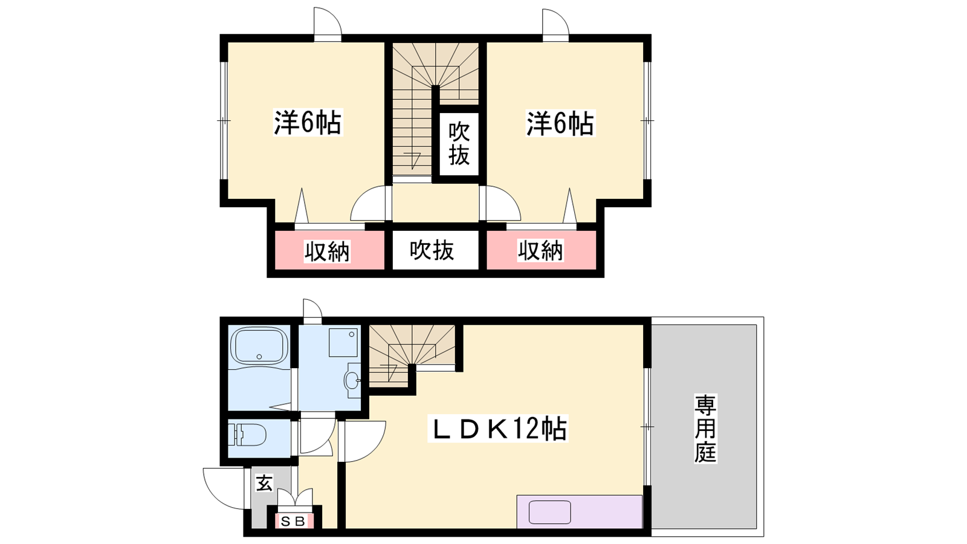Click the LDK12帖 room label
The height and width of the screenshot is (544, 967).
pos(498,429)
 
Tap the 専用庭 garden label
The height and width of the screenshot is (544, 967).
pos(705,429)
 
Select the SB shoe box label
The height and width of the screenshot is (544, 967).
pos(293,522)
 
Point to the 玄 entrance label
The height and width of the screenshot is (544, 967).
pos(264,483)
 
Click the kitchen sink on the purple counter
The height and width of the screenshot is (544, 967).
pos(550,512)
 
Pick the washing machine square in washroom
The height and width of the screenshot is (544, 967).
pos(343,342)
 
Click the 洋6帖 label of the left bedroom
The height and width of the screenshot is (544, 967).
pos(308,123)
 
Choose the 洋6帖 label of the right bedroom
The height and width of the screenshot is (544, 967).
pos(560,123)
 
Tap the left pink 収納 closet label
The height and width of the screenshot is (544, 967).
pos(327,251)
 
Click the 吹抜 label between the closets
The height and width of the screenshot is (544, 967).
pos(432,250)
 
